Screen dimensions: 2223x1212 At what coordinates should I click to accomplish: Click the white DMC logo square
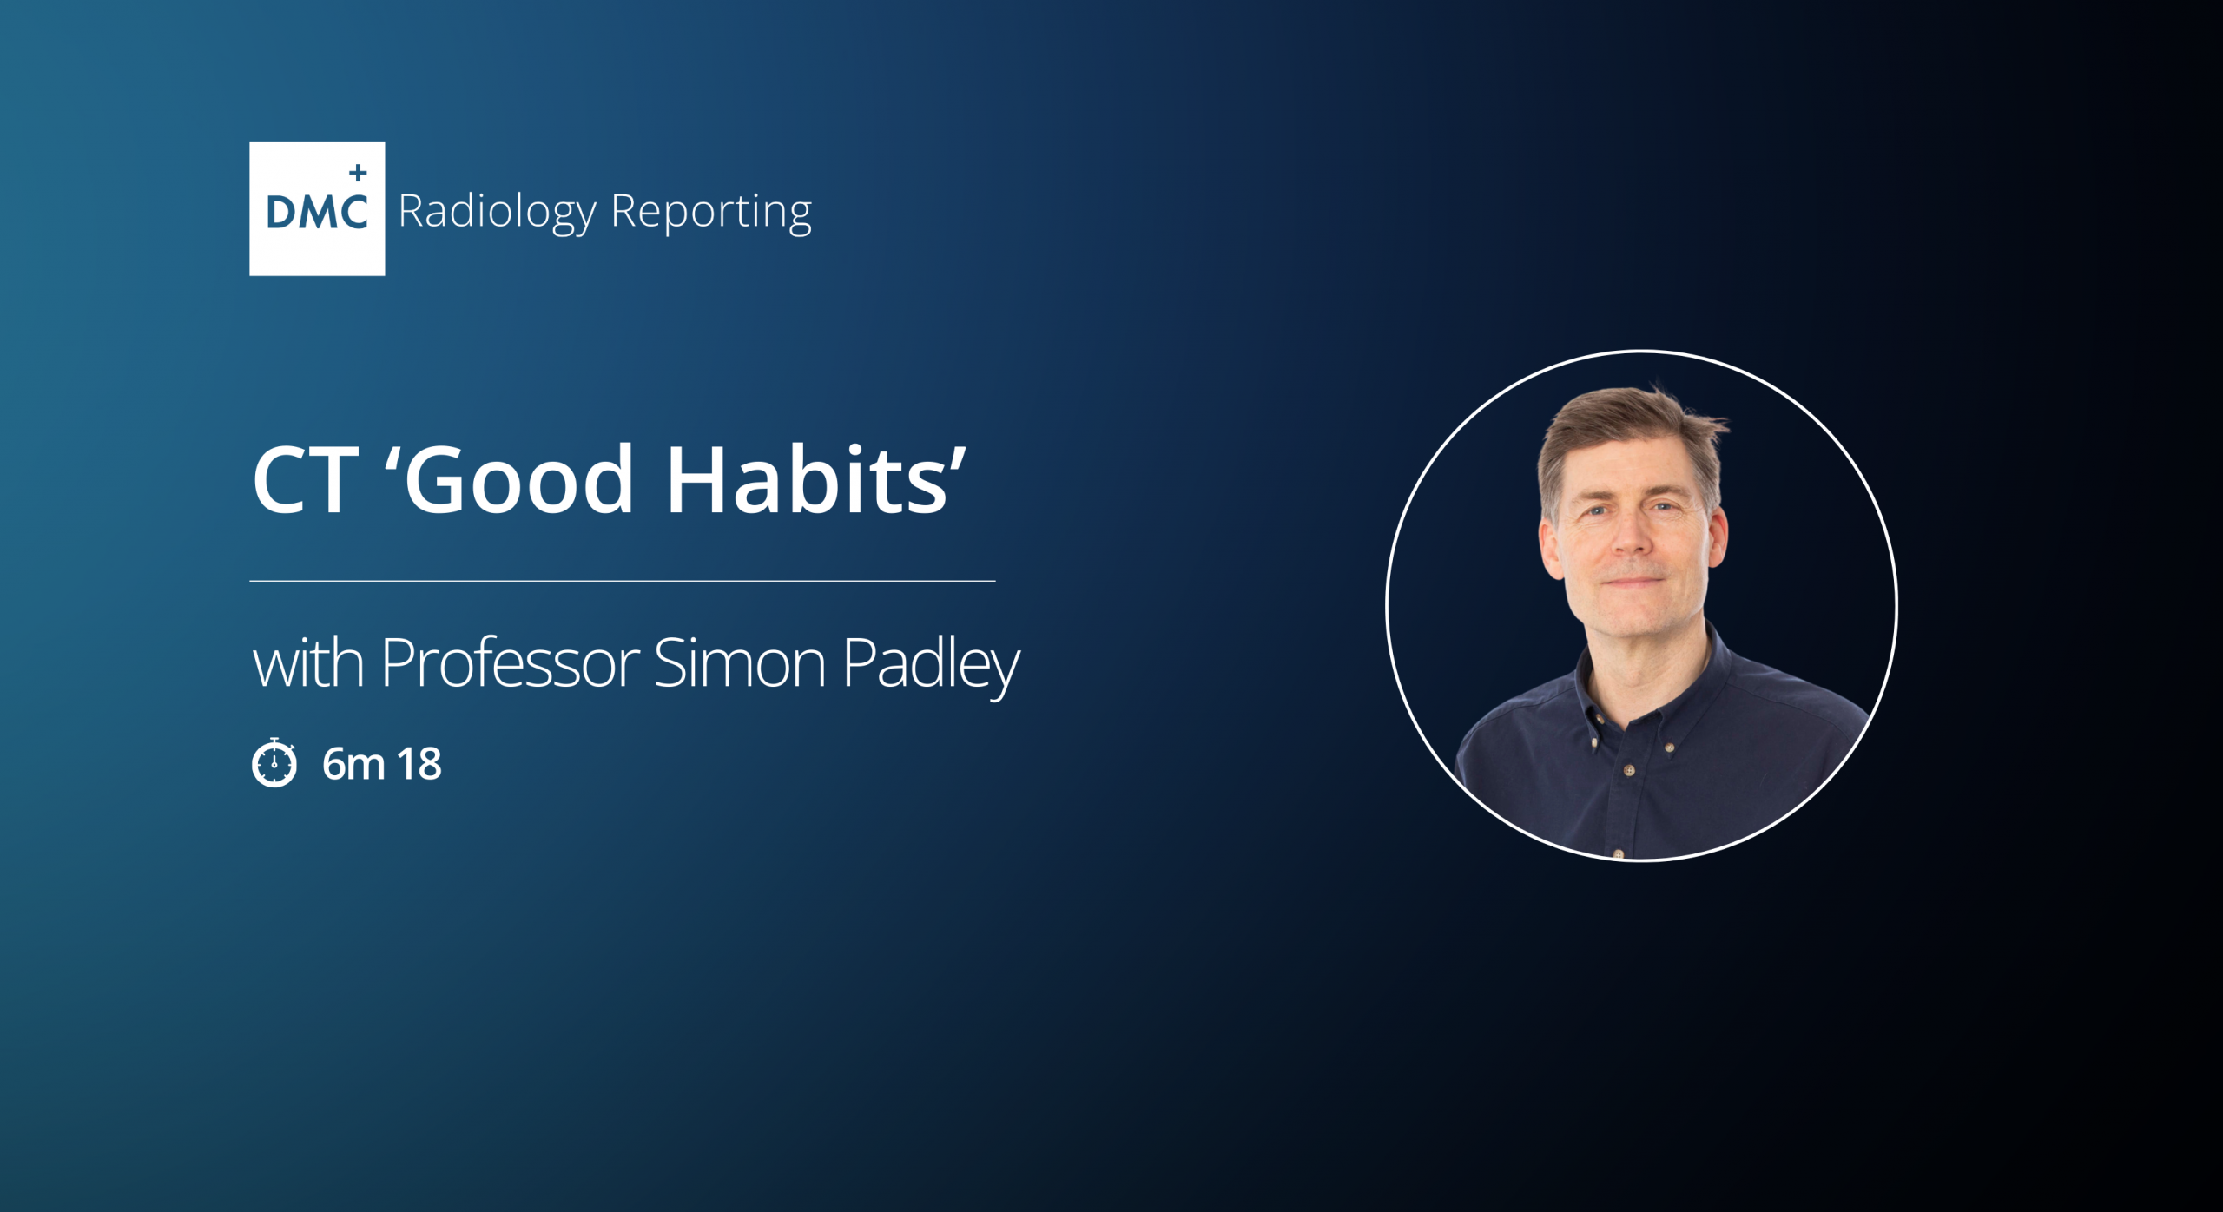317,208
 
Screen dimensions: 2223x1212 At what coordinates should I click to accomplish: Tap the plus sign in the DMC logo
358,173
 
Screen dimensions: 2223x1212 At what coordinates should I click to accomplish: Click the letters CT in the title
305,480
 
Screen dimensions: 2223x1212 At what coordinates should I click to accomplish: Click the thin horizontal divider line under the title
622,581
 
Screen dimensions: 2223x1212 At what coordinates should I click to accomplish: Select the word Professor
511,663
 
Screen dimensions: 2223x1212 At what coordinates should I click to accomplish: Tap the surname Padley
931,667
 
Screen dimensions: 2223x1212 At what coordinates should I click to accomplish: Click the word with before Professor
308,663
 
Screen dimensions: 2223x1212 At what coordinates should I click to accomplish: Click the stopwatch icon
274,762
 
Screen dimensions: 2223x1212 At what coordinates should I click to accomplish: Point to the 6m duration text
353,764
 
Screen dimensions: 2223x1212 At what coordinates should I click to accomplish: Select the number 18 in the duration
419,764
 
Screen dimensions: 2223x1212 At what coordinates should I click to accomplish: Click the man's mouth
1633,582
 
